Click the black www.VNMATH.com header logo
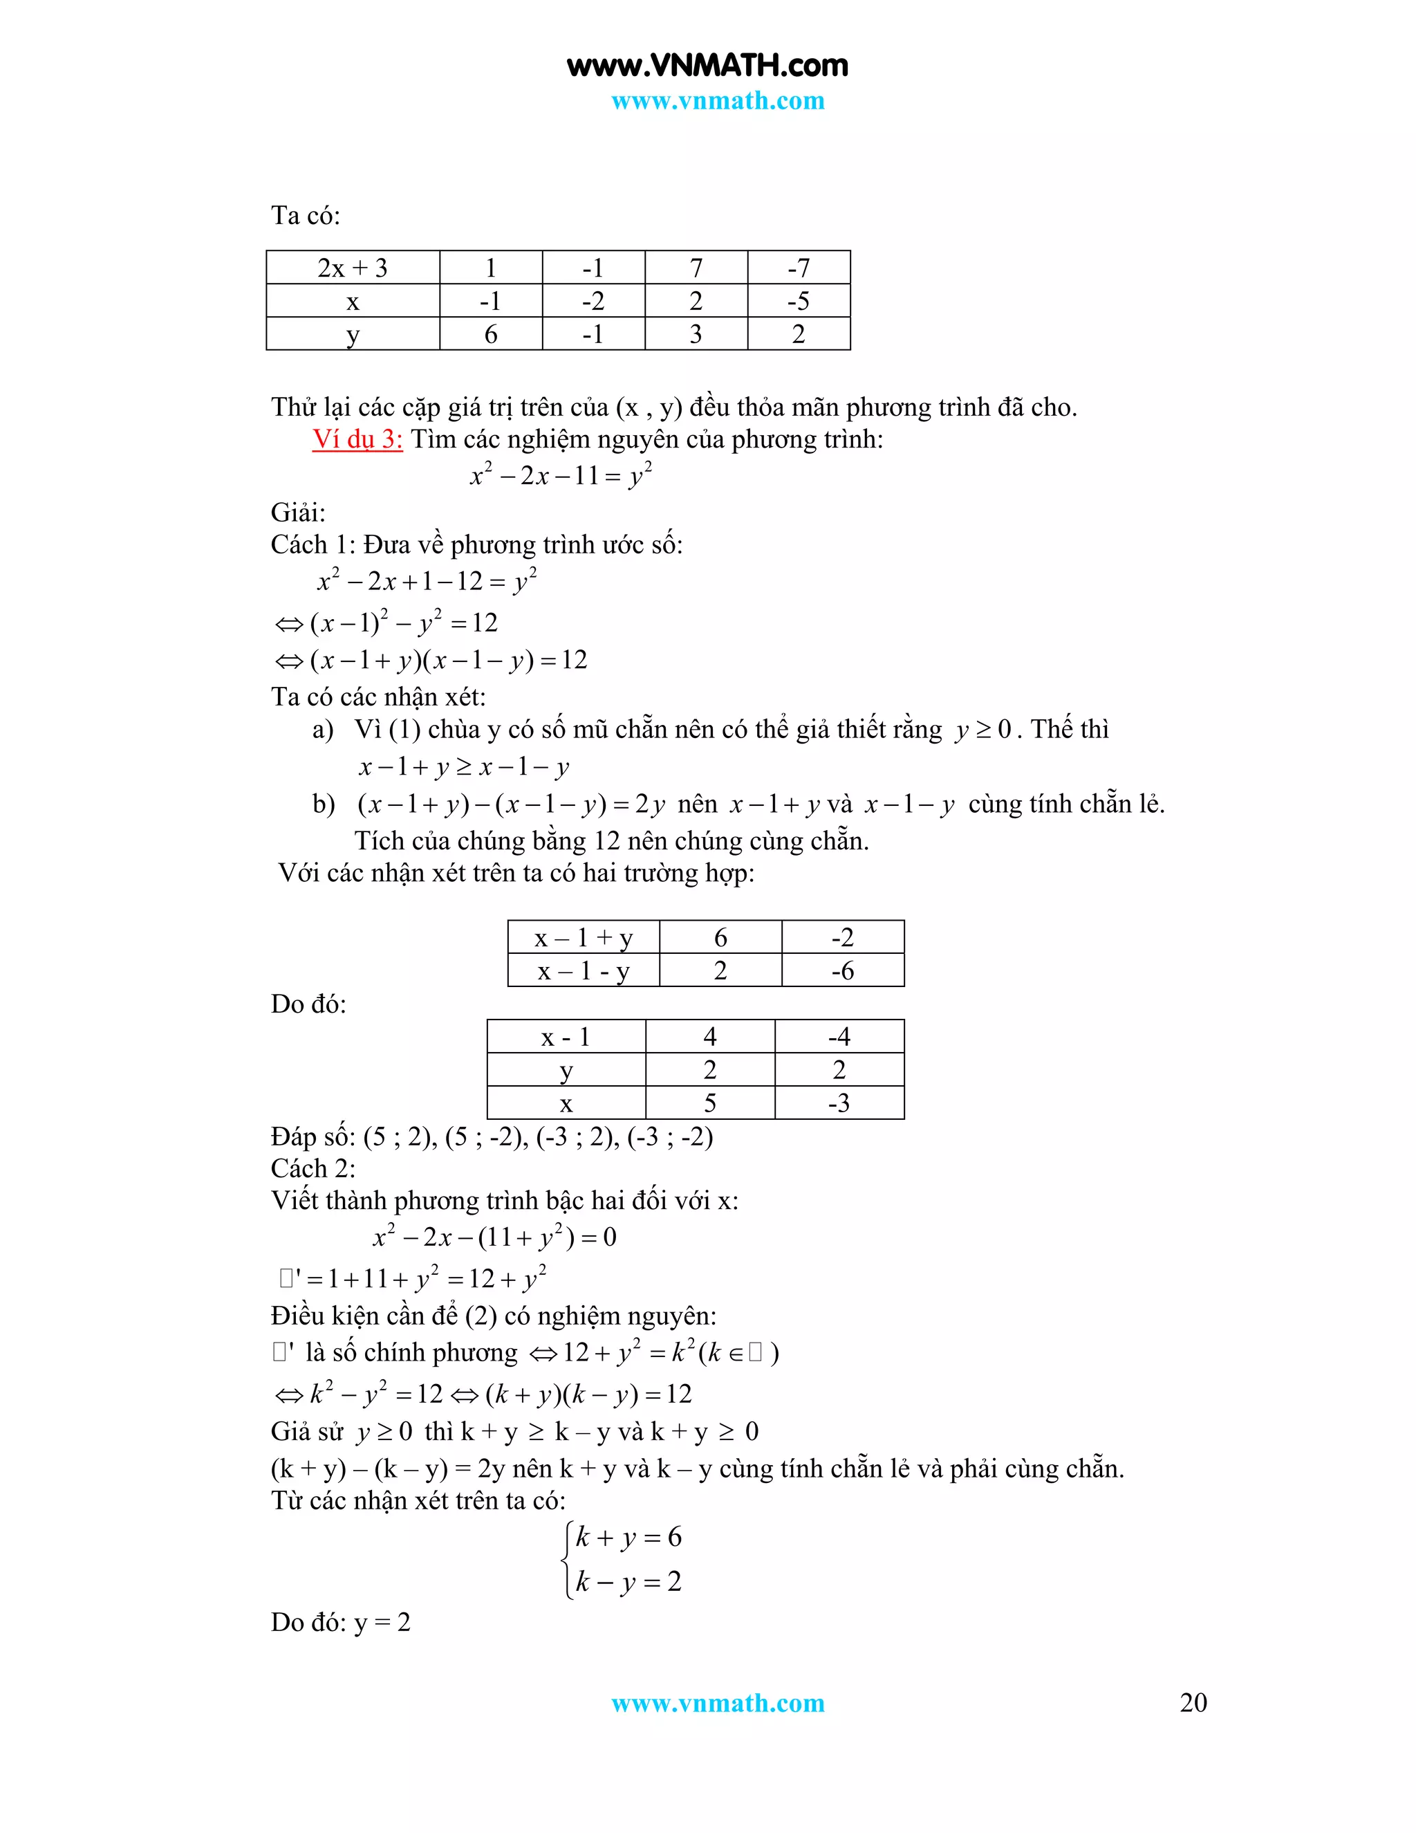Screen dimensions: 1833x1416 (707, 66)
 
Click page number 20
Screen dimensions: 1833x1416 (1193, 1702)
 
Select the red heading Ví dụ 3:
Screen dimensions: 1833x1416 (357, 439)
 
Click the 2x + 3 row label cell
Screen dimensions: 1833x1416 (353, 268)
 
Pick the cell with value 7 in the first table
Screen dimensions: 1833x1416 (696, 268)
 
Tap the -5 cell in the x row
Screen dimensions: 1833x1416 (798, 300)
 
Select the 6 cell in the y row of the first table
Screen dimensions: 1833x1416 (491, 334)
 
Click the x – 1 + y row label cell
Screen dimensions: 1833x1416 (583, 937)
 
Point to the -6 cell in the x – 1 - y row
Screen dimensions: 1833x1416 (842, 971)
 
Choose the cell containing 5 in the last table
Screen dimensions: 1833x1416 (709, 1103)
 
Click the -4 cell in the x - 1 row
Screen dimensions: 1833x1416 (839, 1037)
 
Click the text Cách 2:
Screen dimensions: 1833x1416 (313, 1168)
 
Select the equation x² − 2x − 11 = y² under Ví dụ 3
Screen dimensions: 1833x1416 (560, 475)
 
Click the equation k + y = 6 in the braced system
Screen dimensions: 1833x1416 (628, 1537)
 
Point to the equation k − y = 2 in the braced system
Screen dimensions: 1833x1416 (628, 1581)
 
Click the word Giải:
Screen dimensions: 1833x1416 (298, 512)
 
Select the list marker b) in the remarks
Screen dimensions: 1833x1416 (324, 804)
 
